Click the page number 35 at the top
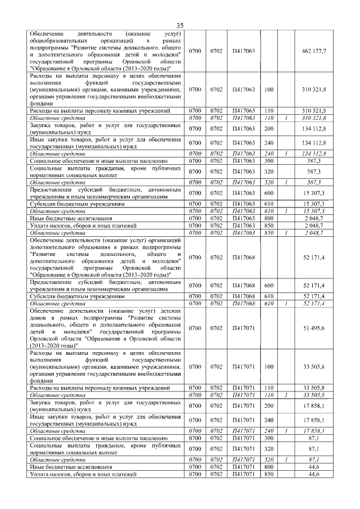point(180,25)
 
